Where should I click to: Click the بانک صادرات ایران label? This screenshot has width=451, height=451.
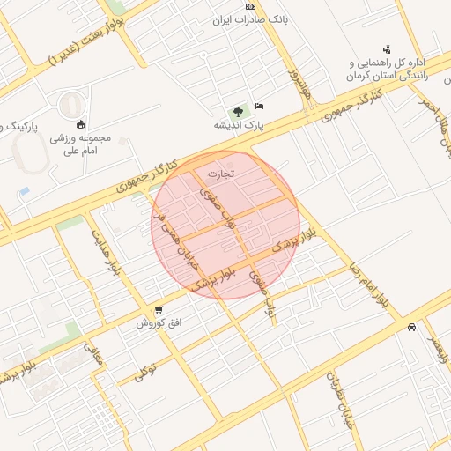(x=250, y=18)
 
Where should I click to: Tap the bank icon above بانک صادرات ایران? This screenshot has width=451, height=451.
(x=250, y=6)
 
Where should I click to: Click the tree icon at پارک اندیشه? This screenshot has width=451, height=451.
(x=237, y=112)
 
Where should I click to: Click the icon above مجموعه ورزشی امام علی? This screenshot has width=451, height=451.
(x=81, y=123)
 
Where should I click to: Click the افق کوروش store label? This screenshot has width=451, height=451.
(x=159, y=323)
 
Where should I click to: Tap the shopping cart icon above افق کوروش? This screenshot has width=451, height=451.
(x=159, y=310)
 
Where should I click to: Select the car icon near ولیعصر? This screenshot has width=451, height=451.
(x=412, y=327)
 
